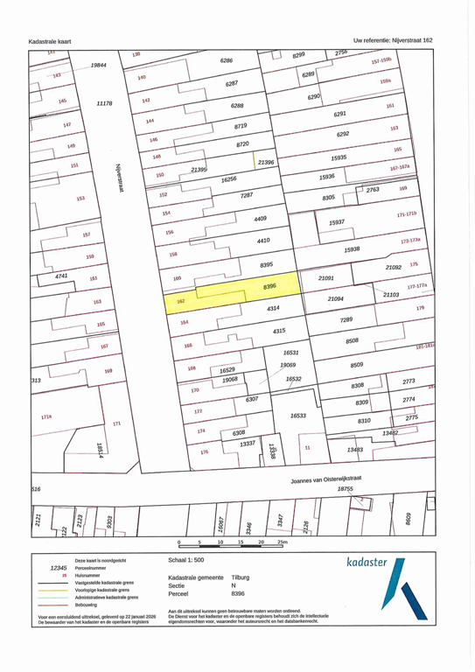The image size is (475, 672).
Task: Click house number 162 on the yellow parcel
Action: click(180, 301)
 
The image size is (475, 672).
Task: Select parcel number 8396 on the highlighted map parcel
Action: click(269, 285)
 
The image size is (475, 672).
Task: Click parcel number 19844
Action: click(98, 66)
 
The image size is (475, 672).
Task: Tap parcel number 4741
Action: click(61, 276)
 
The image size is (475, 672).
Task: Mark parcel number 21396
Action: click(266, 162)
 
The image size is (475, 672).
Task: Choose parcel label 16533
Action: click(299, 416)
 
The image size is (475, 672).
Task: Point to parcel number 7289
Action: click(346, 321)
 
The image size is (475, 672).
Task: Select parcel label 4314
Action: click(273, 309)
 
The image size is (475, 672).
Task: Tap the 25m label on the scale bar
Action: click(282, 543)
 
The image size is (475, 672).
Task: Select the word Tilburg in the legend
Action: click(241, 577)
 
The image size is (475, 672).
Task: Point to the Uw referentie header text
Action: click(393, 40)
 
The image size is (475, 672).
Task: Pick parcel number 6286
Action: click(227, 61)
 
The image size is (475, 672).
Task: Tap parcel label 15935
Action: click(339, 157)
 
